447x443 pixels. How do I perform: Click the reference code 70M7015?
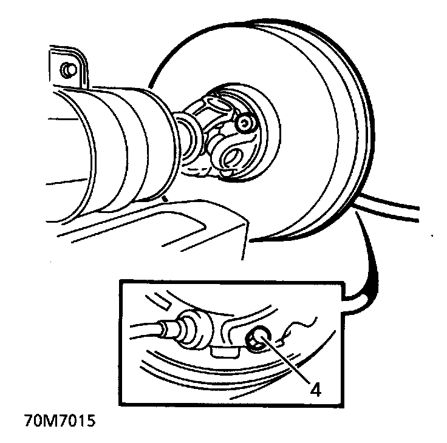[x=60, y=421]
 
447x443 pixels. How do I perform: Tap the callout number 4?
[x=315, y=389]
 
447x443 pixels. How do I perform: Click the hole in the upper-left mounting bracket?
[x=69, y=69]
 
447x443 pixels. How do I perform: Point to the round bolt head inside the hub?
[x=244, y=123]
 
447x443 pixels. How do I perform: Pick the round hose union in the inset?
[x=196, y=329]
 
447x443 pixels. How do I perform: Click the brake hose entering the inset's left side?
[x=145, y=330]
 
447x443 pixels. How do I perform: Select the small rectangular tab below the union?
[x=225, y=353]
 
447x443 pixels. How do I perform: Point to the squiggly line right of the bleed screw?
[x=296, y=331]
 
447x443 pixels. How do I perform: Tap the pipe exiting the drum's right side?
[x=387, y=206]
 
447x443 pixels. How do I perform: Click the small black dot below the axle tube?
[x=165, y=198]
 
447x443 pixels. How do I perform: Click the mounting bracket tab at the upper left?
[x=69, y=67]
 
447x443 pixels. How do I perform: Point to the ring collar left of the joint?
[x=186, y=140]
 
